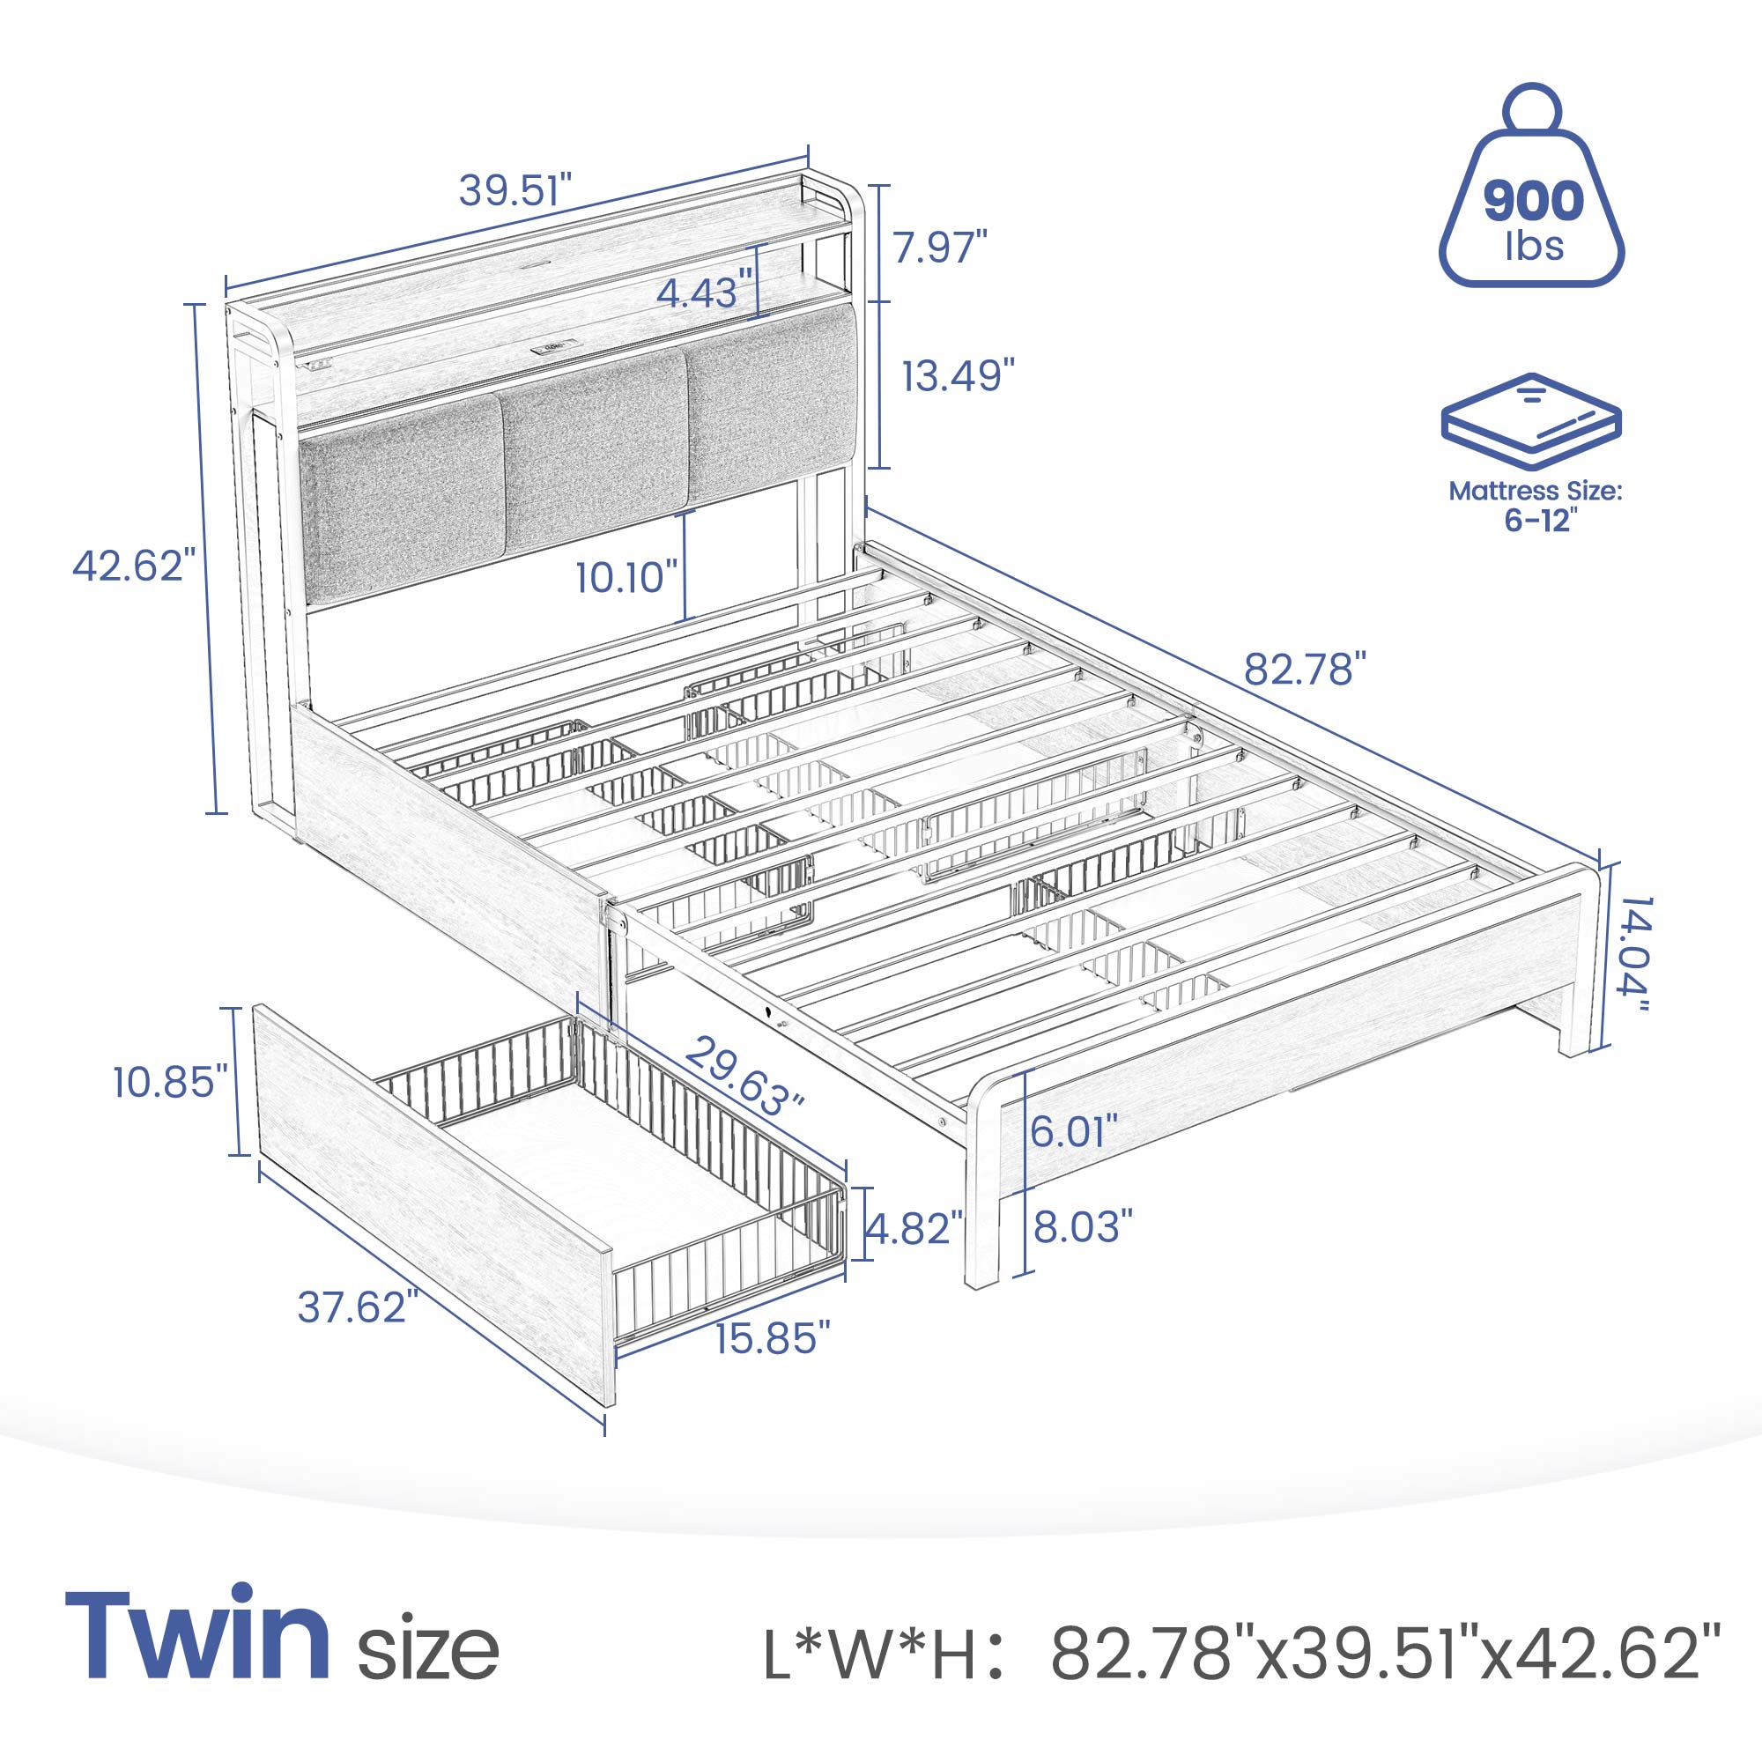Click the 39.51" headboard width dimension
tap(515, 190)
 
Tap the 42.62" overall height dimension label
tap(134, 566)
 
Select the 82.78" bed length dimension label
tap(1306, 670)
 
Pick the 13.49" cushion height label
tap(959, 376)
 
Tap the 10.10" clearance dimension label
tap(627, 576)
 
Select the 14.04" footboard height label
tap(1631, 966)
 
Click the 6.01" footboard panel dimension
tap(1073, 1132)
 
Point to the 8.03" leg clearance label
tap(1083, 1226)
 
